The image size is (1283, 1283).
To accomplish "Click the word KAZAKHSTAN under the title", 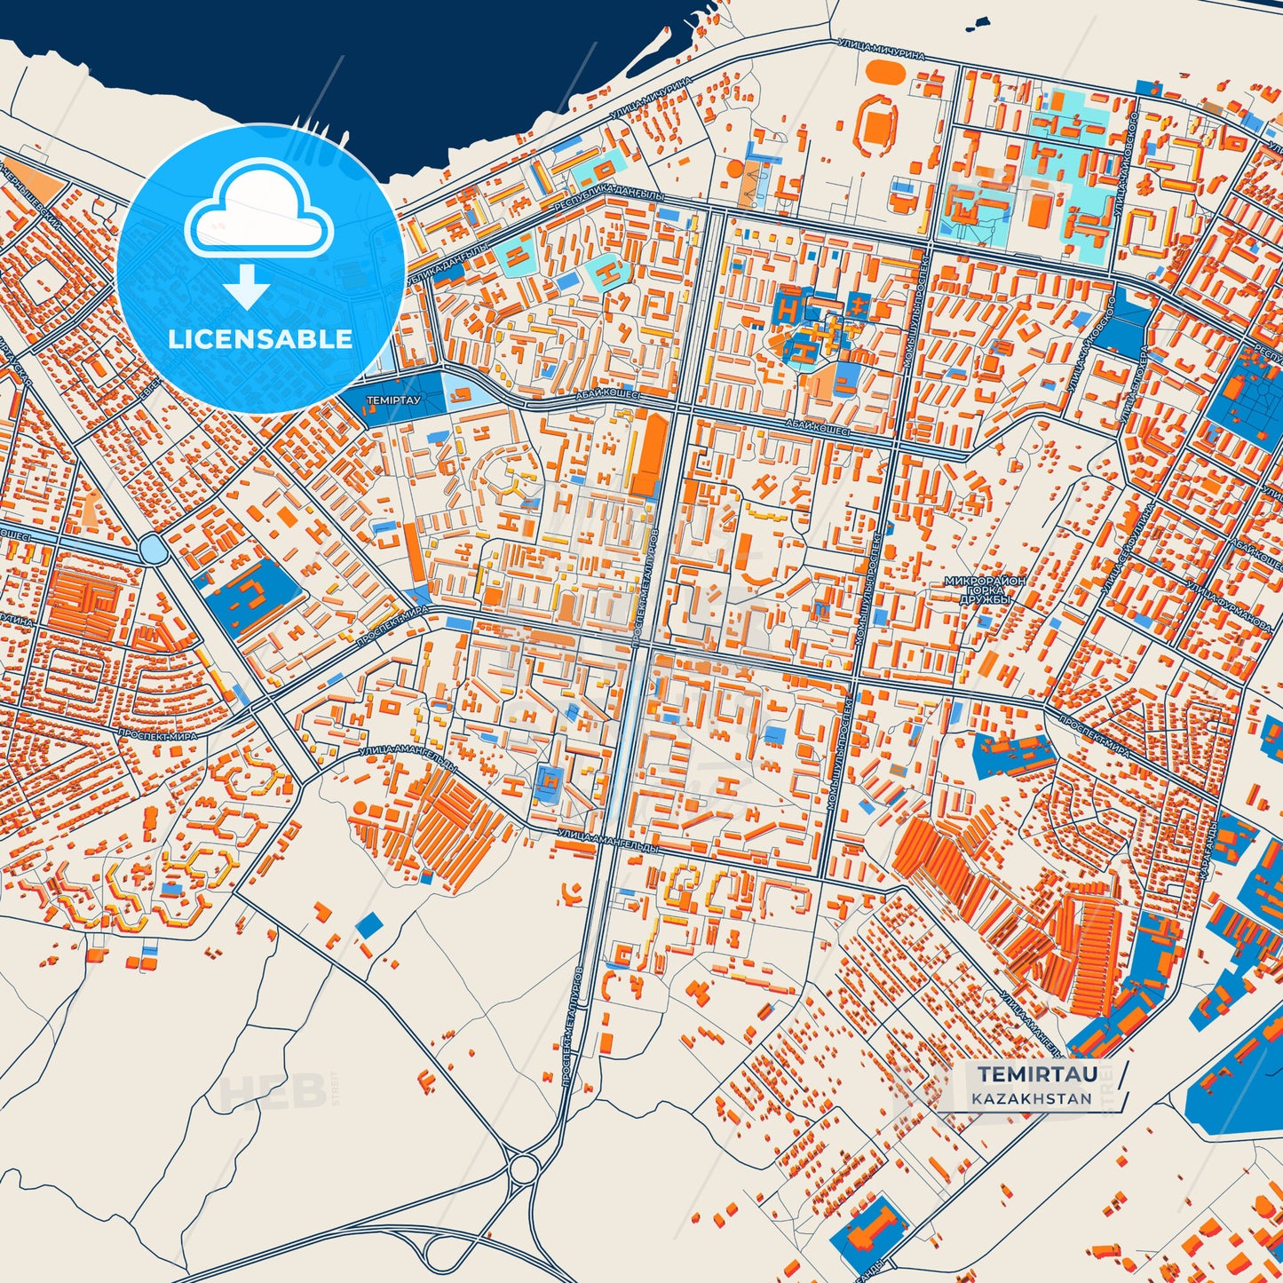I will click(x=1031, y=1098).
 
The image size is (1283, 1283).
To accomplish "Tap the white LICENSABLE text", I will click(x=260, y=339).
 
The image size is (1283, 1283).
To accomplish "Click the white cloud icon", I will click(x=259, y=210).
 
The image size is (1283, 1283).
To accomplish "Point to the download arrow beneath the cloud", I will click(x=247, y=287).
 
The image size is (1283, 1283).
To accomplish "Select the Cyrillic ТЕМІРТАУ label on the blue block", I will click(x=393, y=400).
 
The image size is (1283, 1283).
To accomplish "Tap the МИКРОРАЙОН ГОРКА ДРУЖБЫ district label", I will click(x=985, y=590).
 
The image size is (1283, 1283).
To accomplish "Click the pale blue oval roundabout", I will click(x=154, y=550).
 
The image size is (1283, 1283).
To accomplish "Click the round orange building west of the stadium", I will click(x=735, y=166).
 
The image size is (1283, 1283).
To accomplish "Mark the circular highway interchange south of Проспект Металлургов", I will click(x=523, y=1168).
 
